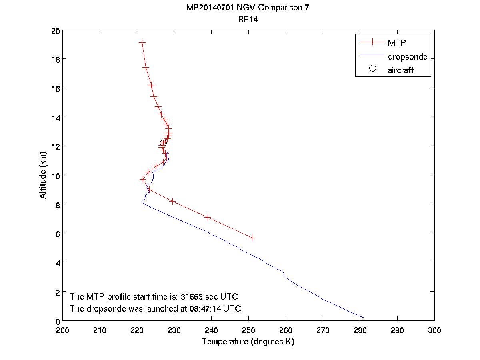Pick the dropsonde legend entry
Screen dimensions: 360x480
[407, 57]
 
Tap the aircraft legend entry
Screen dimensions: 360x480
[400, 70]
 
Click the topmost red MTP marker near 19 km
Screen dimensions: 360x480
[142, 42]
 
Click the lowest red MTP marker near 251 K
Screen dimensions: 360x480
[252, 238]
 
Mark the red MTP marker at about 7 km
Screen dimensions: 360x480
[208, 217]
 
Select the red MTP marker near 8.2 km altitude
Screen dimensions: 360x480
[172, 201]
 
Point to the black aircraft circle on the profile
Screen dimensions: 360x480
[163, 143]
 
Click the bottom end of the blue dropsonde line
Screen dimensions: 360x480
[363, 318]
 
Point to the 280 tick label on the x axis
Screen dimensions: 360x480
[360, 331]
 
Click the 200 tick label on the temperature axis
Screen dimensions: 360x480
[63, 331]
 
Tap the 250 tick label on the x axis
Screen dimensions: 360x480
[248, 331]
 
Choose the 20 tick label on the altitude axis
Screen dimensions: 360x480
[55, 31]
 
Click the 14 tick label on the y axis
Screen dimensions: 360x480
[55, 117]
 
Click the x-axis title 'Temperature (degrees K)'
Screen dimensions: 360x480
[248, 342]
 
